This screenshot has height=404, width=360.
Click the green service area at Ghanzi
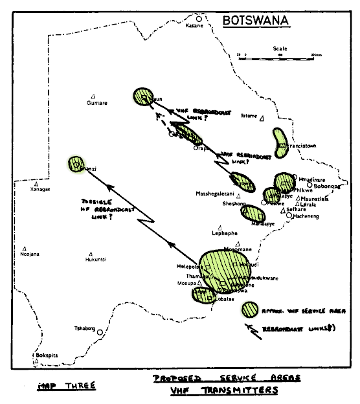click(x=77, y=165)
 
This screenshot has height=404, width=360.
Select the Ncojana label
click(x=29, y=254)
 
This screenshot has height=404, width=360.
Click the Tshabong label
click(x=85, y=328)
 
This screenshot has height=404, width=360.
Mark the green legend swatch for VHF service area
click(x=249, y=309)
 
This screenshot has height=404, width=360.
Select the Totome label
click(x=249, y=116)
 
